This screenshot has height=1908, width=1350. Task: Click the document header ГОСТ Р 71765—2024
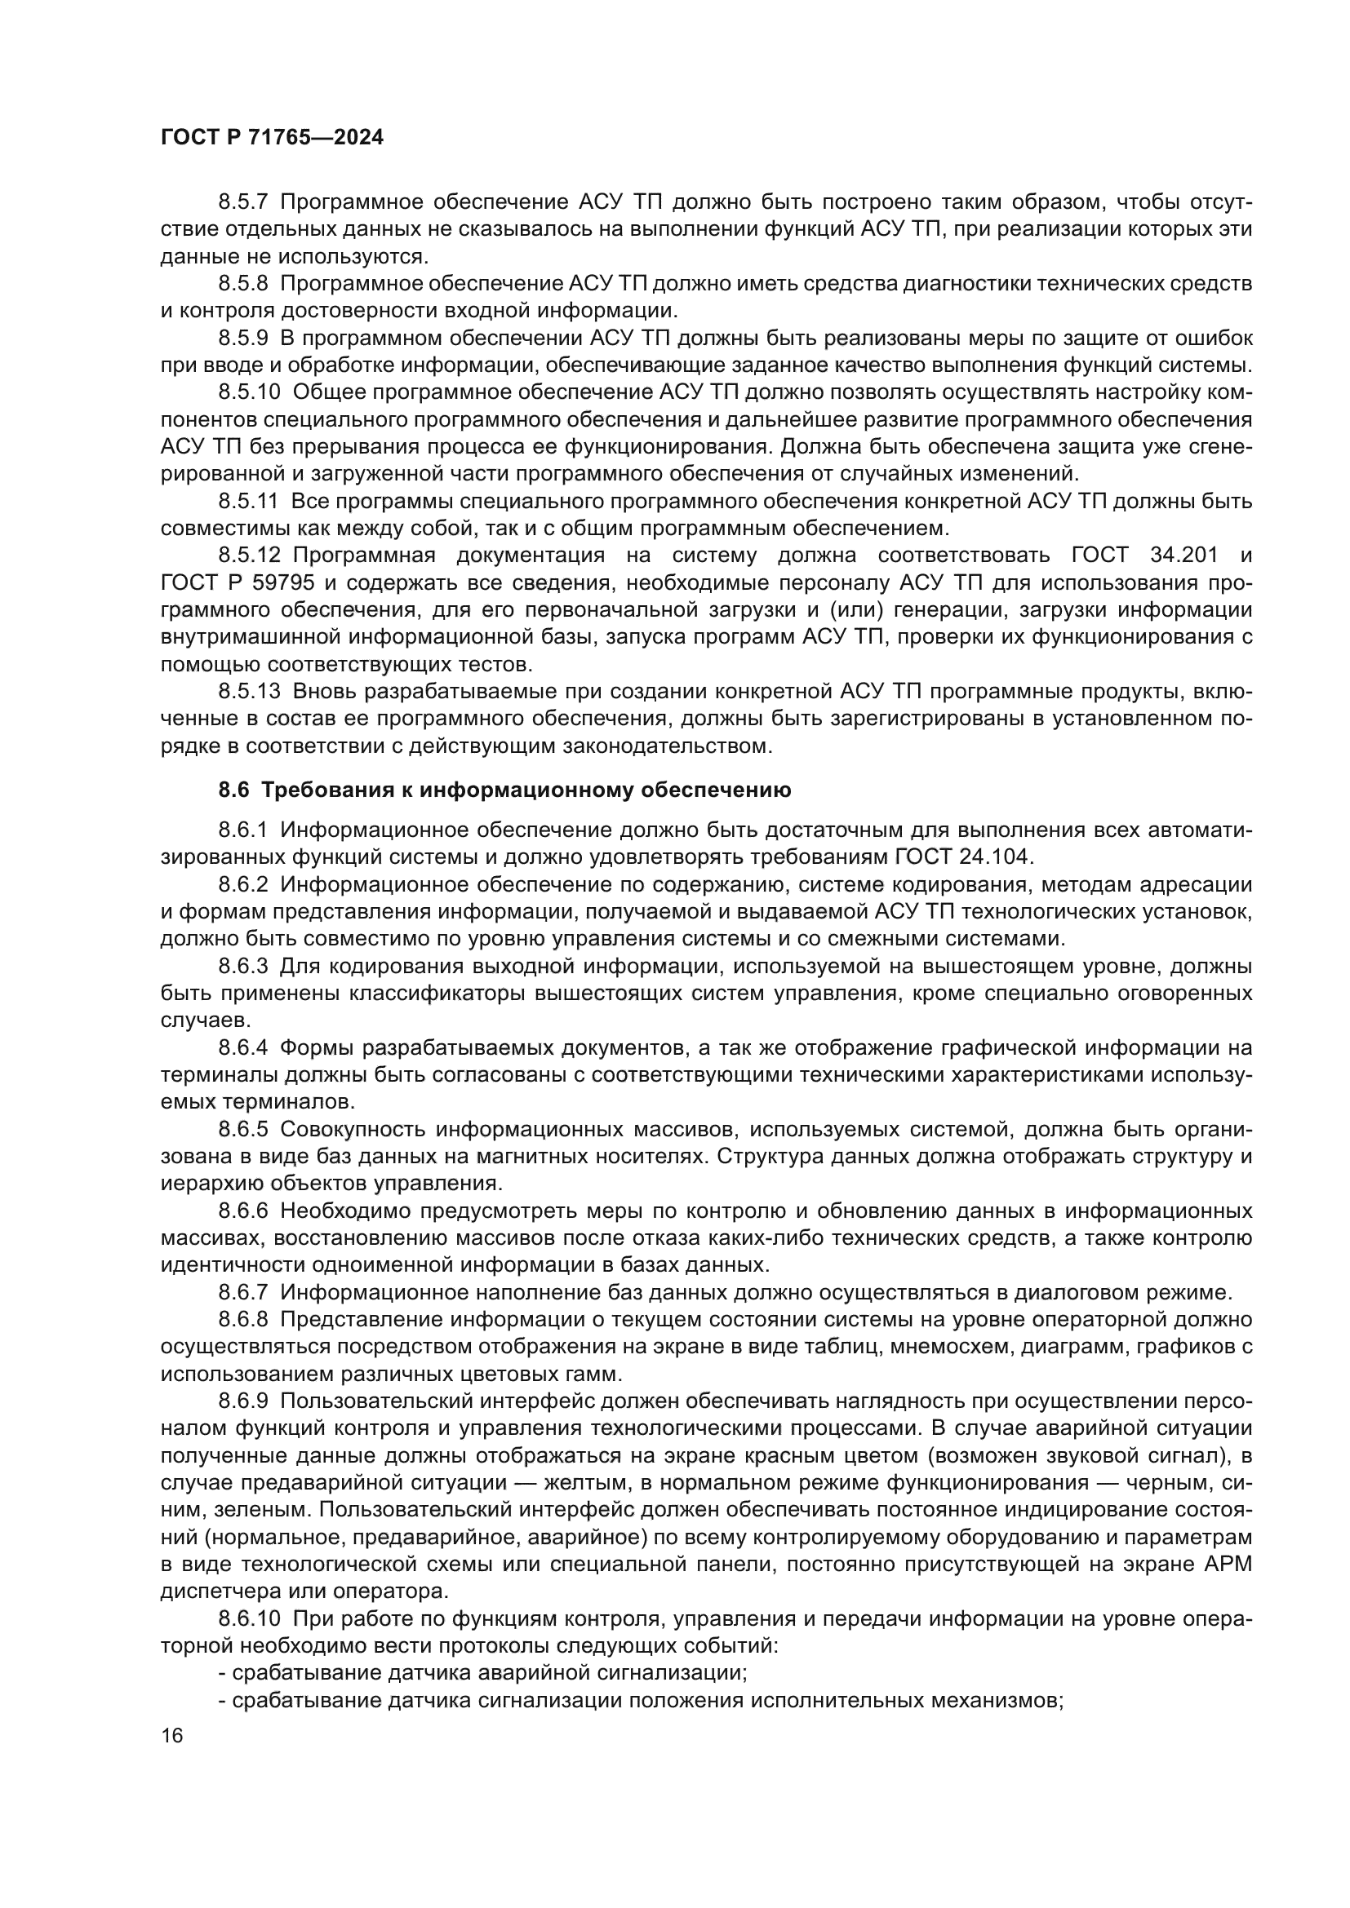pyautogui.click(x=272, y=138)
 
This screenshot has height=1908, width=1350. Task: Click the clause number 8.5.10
pyautogui.click(x=250, y=392)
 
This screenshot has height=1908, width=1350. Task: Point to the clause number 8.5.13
pyautogui.click(x=250, y=692)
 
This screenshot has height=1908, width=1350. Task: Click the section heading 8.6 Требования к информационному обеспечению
pyautogui.click(x=504, y=790)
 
